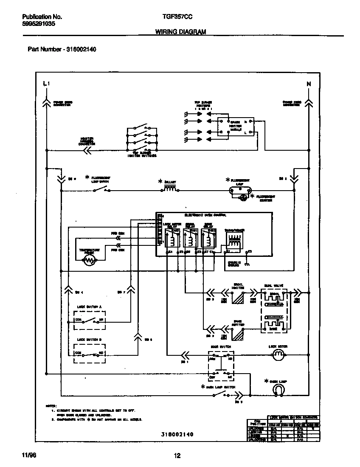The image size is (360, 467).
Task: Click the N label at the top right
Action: coord(309,84)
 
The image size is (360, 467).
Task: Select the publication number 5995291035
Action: coord(38,24)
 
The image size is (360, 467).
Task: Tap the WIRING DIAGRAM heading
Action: coord(180,32)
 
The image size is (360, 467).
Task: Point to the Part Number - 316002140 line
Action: coord(62,49)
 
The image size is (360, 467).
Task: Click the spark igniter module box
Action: coord(236,126)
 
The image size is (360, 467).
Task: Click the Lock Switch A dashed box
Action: coord(89,320)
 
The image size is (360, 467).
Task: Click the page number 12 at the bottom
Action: coord(177,456)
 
